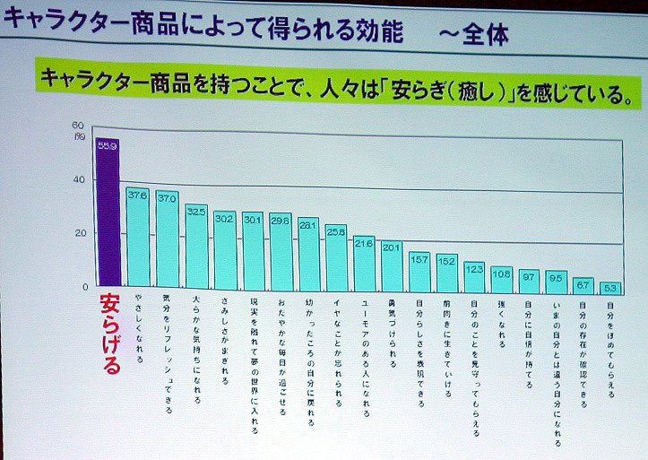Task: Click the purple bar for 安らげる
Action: [x=107, y=215]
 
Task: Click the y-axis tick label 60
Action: [x=78, y=126]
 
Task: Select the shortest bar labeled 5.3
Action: [x=609, y=290]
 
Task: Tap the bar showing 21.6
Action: [x=363, y=262]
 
